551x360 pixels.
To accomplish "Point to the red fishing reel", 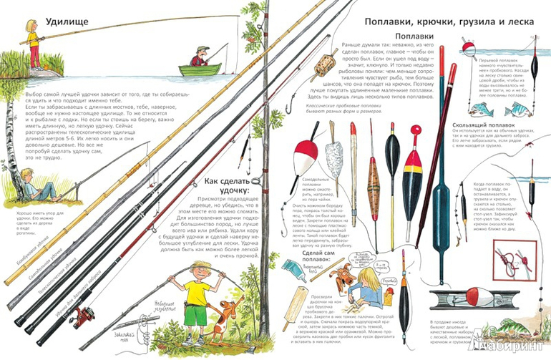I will (85, 313).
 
